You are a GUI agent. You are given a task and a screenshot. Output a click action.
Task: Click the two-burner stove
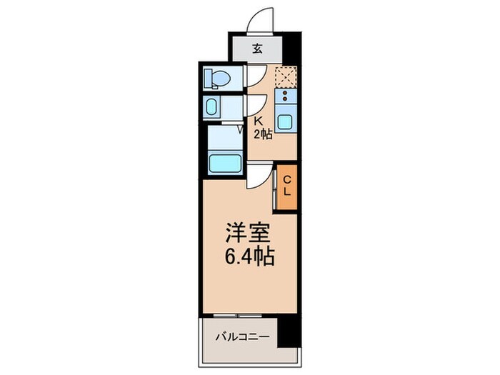(285, 97)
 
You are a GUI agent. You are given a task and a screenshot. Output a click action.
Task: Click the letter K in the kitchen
(259, 122)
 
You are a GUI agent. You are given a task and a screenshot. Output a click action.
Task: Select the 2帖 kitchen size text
(262, 134)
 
